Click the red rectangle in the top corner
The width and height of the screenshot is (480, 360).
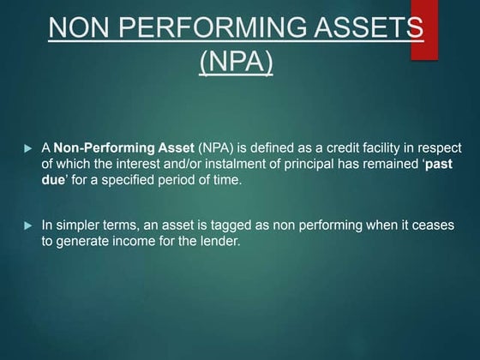424,30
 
